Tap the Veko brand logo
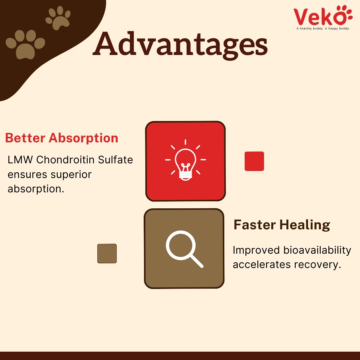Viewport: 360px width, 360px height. (x=323, y=16)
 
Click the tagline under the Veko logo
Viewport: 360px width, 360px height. (x=323, y=28)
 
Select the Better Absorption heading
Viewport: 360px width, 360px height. (x=62, y=138)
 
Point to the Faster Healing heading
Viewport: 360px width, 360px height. (x=282, y=225)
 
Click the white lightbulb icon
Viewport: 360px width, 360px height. (x=186, y=160)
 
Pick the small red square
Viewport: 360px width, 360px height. (x=254, y=161)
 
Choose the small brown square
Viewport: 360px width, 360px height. (x=107, y=253)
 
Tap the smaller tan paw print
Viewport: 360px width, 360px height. (x=58, y=18)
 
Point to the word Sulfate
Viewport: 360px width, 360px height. (x=115, y=160)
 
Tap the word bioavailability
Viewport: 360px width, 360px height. (x=317, y=250)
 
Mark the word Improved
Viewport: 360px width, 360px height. (x=256, y=250)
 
